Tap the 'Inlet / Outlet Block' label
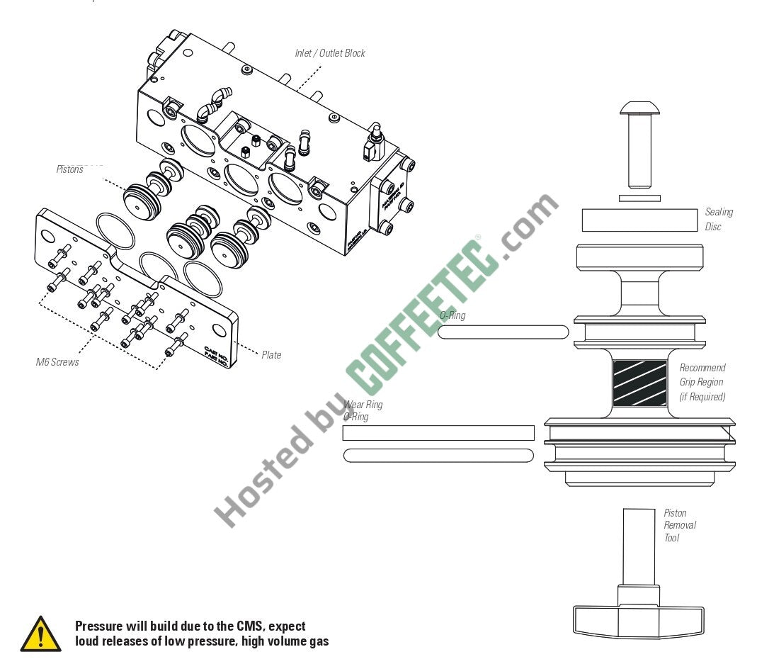330,53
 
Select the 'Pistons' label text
70,169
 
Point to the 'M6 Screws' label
57,362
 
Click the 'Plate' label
271,355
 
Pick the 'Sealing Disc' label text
718,219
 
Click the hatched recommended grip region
639,383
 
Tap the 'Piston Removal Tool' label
680,525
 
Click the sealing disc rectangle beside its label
640,220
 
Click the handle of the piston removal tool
637,621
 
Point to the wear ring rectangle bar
438,433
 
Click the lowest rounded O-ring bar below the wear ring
438,456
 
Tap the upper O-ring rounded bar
503,332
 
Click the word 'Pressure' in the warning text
99,626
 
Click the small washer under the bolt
639,198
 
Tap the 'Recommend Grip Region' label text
702,382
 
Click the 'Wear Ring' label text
364,405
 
